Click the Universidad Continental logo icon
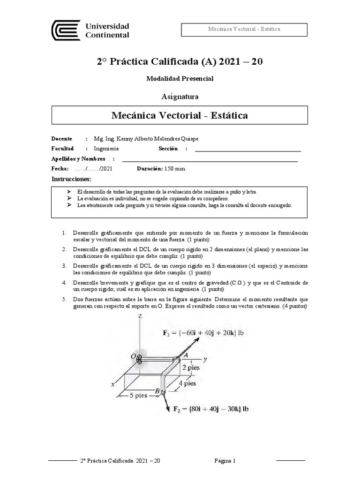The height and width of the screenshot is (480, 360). pyautogui.click(x=66, y=30)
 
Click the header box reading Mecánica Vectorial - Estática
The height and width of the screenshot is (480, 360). pyautogui.click(x=244, y=29)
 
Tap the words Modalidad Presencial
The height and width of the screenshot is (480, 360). pyautogui.click(x=180, y=79)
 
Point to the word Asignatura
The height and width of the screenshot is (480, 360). pyautogui.click(x=180, y=97)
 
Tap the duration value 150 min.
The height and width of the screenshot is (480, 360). pyautogui.click(x=175, y=169)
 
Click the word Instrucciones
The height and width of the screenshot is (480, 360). pyautogui.click(x=71, y=179)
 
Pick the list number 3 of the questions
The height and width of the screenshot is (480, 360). pyautogui.click(x=63, y=266)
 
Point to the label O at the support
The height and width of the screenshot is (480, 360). pyautogui.click(x=133, y=356)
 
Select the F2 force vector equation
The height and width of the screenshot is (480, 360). pyautogui.click(x=211, y=409)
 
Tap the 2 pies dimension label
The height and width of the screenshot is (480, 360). pyautogui.click(x=191, y=367)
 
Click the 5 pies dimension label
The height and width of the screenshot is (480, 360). pyautogui.click(x=139, y=395)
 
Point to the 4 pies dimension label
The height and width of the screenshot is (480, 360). pyautogui.click(x=187, y=383)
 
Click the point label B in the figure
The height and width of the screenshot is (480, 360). pyautogui.click(x=157, y=391)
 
